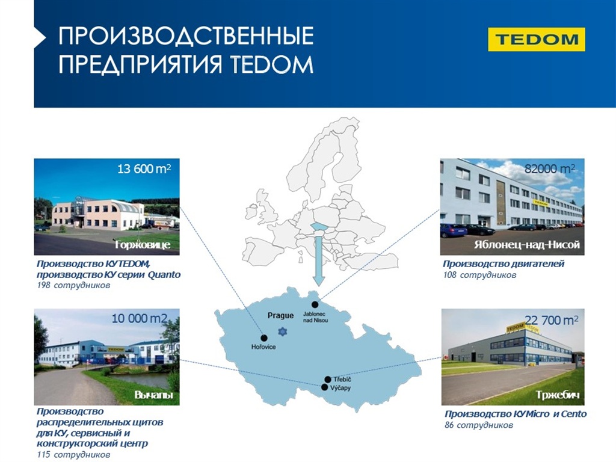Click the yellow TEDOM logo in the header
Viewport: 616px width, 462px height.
[536, 39]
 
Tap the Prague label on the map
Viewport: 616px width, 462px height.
[280, 315]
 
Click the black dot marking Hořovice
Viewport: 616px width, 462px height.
[264, 338]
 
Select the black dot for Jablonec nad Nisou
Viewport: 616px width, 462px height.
[315, 304]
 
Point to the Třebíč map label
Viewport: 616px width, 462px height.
[342, 380]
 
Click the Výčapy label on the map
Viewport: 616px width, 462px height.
[340, 388]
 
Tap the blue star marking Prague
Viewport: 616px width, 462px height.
[283, 331]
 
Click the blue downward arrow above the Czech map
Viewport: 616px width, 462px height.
[319, 254]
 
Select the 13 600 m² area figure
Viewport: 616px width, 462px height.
[144, 169]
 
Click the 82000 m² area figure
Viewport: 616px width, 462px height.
[550, 169]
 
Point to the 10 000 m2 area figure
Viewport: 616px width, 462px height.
[140, 318]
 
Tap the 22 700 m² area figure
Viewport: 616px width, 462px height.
[552, 320]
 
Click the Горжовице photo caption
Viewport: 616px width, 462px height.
[143, 245]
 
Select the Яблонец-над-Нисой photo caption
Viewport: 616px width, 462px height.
[527, 245]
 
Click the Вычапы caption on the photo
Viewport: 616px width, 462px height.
[153, 395]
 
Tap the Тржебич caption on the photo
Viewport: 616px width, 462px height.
[558, 395]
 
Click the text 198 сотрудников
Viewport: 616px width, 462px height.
[73, 285]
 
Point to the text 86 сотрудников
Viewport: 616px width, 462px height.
[479, 425]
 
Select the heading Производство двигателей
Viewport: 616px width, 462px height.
[504, 263]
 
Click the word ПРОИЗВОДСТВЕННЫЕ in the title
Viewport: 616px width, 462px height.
[186, 35]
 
